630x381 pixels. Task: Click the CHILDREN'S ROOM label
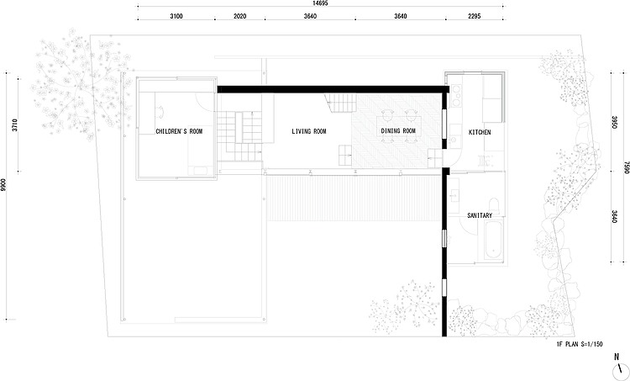point(179,131)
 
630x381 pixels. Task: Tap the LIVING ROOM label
point(309,131)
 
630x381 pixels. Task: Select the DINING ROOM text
point(398,130)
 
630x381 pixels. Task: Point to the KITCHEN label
point(480,132)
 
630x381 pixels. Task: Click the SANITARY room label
point(480,215)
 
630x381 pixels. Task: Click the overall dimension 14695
point(320,3)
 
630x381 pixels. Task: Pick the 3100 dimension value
point(176,16)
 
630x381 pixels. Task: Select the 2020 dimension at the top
point(240,16)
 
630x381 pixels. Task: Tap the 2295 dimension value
point(474,16)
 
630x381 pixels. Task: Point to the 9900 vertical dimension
point(3,186)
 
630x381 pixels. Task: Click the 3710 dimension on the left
point(15,125)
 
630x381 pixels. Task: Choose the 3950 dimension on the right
point(614,123)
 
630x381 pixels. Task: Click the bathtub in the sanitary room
point(493,241)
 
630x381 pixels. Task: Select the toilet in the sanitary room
point(495,205)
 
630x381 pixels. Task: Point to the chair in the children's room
point(160,111)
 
